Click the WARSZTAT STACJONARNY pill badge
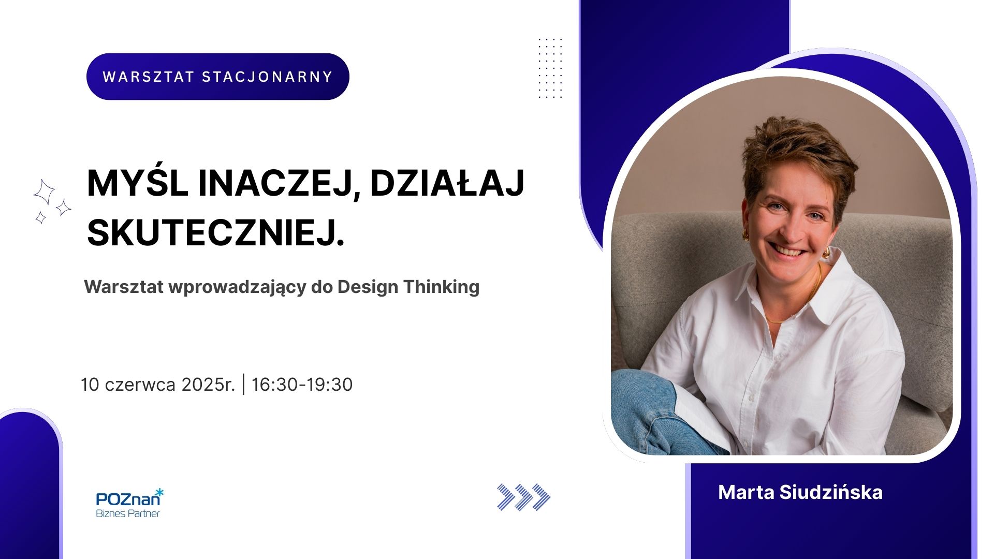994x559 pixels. pyautogui.click(x=218, y=77)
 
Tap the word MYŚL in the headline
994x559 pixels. pyautogui.click(x=138, y=183)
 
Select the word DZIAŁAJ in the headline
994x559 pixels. pyautogui.click(x=447, y=183)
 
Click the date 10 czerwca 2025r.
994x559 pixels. pyautogui.click(x=158, y=385)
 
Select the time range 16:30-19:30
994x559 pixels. pyautogui.click(x=302, y=385)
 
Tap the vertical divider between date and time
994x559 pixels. pyautogui.click(x=244, y=385)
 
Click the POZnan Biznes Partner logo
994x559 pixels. pyautogui.click(x=130, y=503)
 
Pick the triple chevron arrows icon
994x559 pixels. pyautogui.click(x=523, y=497)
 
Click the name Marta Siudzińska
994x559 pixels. pyautogui.click(x=800, y=492)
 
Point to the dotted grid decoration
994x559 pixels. pyautogui.click(x=550, y=68)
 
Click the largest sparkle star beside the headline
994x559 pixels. pyautogui.click(x=44, y=192)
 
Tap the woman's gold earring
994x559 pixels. pyautogui.click(x=746, y=236)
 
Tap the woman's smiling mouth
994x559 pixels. pyautogui.click(x=788, y=251)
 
